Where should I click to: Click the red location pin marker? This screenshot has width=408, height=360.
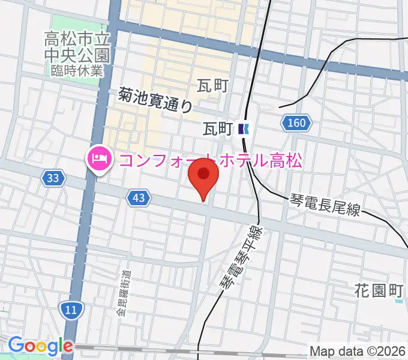coord(203,177)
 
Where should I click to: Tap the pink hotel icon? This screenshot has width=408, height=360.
coord(98,159)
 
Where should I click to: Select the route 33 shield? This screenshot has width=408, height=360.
coord(52,178)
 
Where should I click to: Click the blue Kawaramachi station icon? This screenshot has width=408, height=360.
coord(244,128)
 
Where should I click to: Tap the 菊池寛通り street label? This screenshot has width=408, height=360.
coord(155,99)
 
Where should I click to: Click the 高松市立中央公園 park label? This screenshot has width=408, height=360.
coord(77,49)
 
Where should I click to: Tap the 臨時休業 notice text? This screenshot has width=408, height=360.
coord(77,71)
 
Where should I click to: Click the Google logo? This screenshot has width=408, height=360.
coord(40,346)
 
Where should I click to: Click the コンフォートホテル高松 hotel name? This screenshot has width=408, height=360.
coord(210,160)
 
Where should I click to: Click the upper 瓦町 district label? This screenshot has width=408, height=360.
coord(212,86)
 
